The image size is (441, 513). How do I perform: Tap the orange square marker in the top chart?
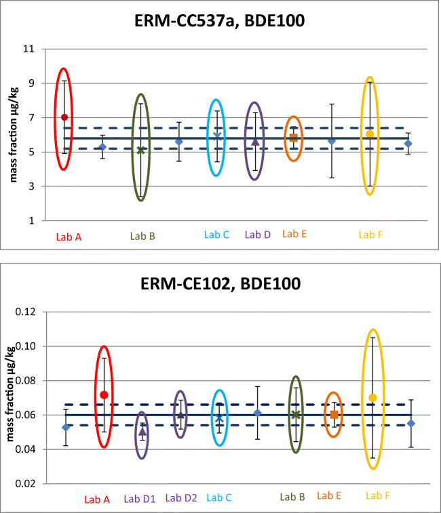tap(293, 138)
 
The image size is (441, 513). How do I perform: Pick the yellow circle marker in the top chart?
tap(370, 134)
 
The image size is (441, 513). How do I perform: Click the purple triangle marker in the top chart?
tap(255, 142)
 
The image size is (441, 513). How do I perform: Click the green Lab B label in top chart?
tap(143, 237)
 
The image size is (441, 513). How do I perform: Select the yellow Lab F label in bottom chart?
tap(377, 496)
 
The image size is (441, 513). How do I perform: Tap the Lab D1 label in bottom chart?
tap(140, 499)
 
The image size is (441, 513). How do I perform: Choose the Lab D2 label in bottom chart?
tap(181, 498)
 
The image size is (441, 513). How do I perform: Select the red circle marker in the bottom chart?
tap(104, 395)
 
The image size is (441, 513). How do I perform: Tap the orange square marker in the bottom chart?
tap(334, 414)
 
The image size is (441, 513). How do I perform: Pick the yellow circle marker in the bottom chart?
tap(372, 398)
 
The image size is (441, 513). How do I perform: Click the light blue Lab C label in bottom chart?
tap(219, 498)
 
